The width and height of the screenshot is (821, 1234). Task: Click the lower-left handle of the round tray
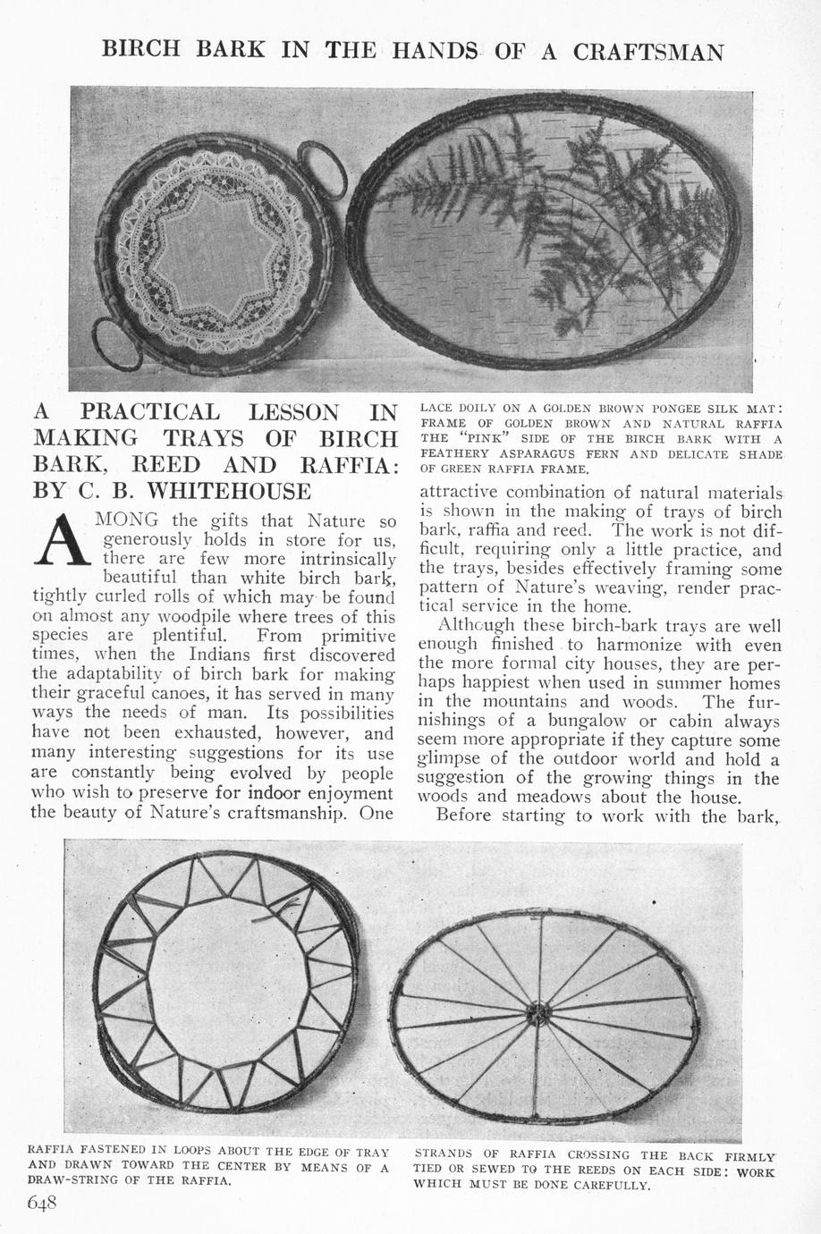(x=116, y=344)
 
